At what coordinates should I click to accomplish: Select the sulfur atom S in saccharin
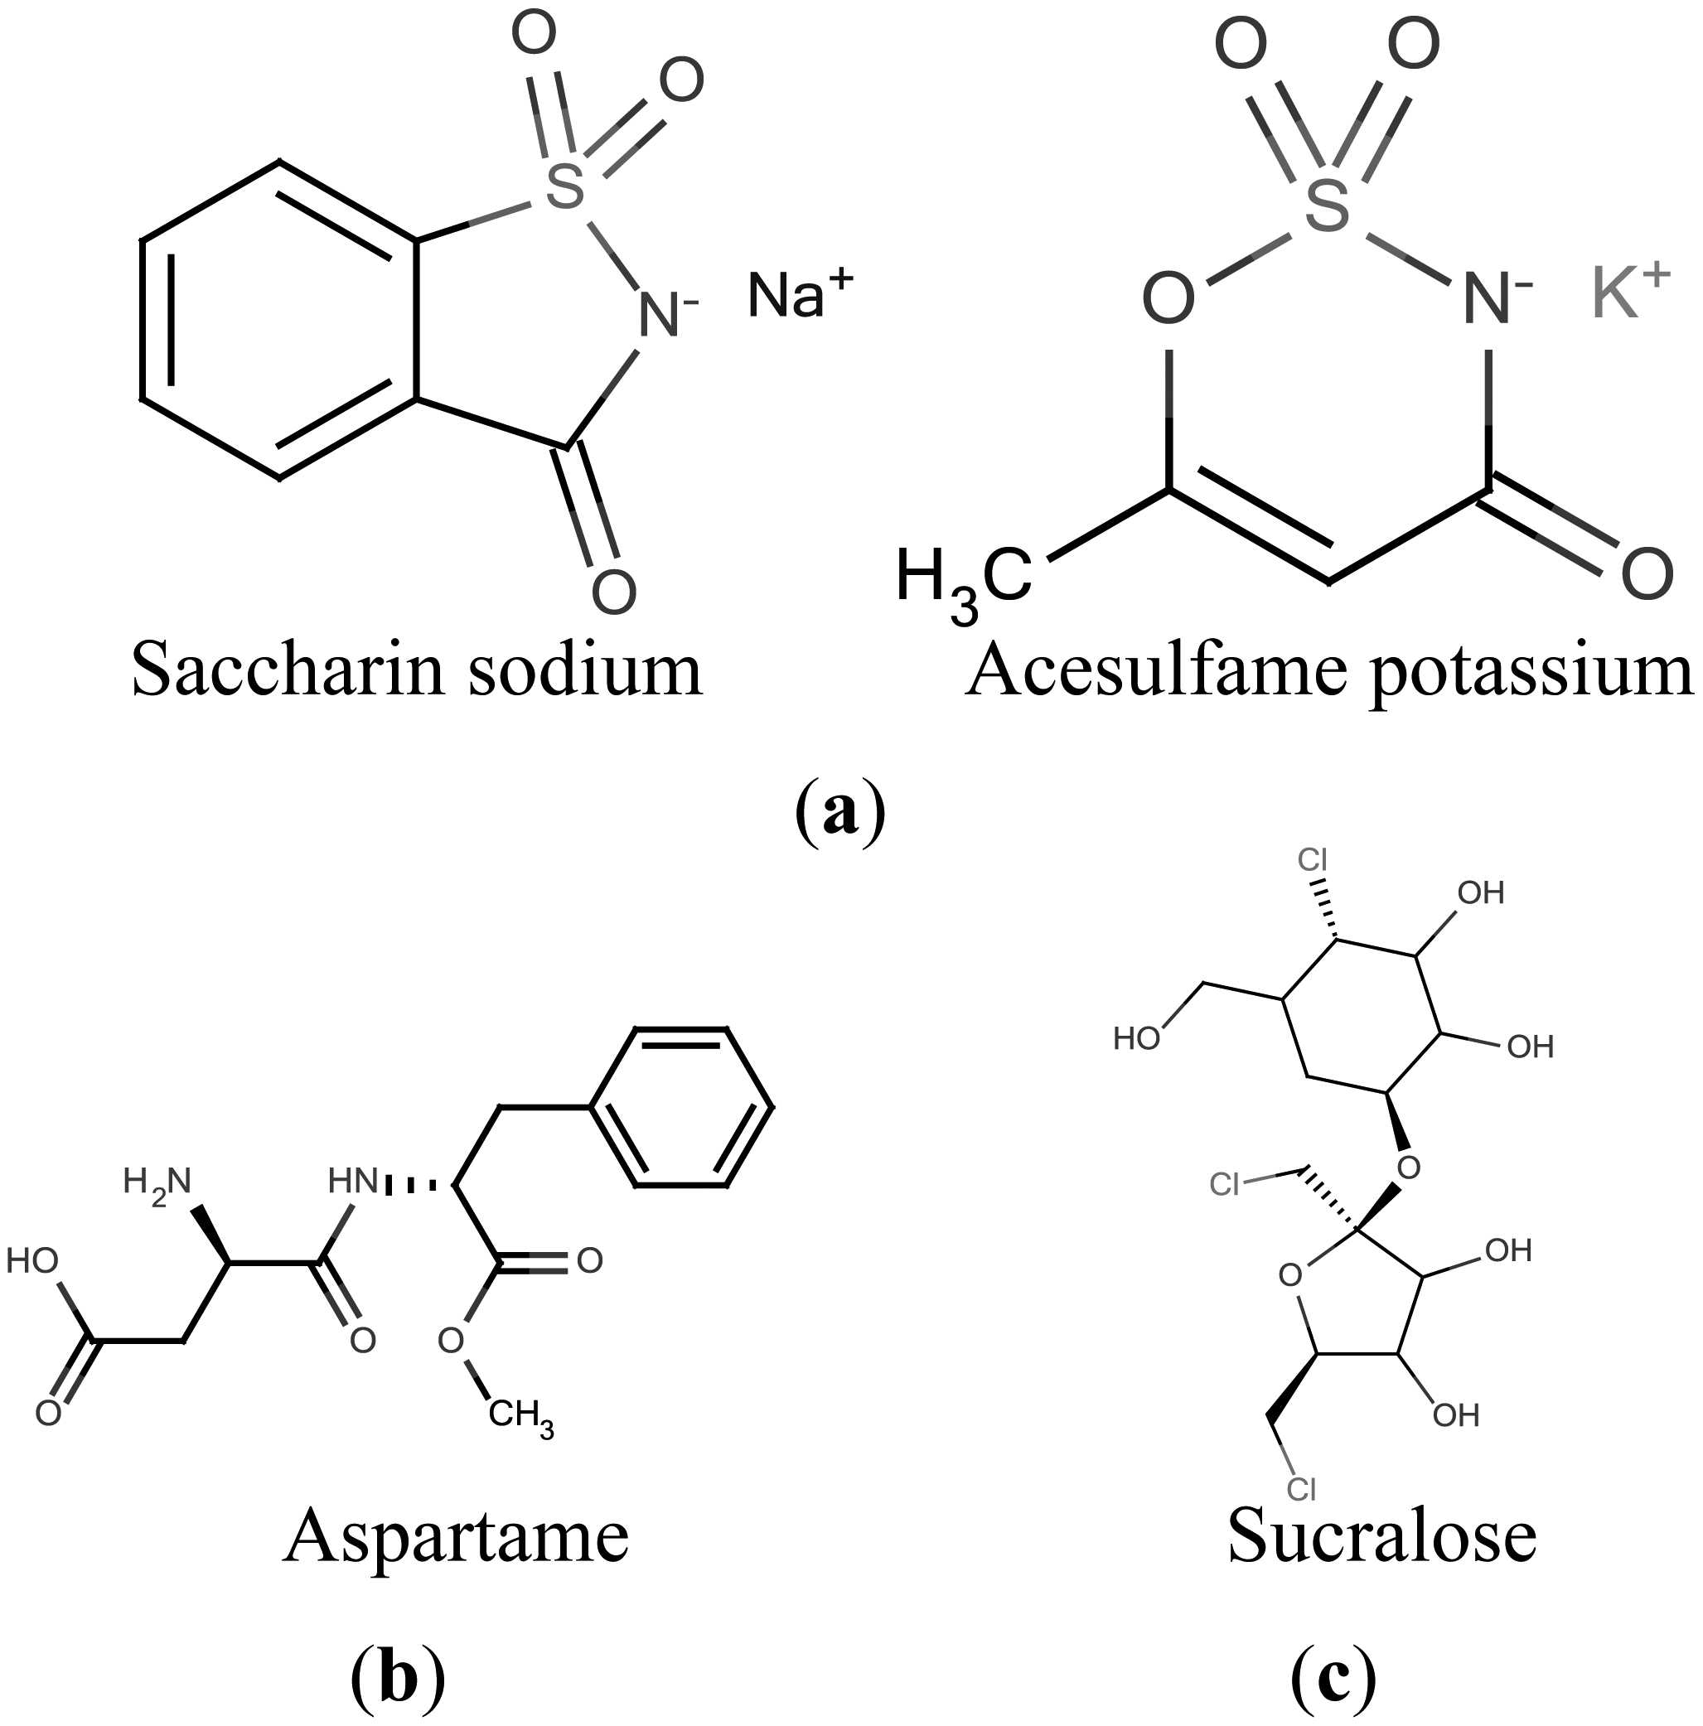click(x=564, y=185)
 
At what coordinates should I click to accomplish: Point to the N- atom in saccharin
click(x=663, y=315)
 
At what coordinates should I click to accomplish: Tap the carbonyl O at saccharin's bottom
click(x=614, y=591)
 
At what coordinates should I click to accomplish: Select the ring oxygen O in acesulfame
click(x=1168, y=298)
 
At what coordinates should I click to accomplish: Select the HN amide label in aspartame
click(x=353, y=1182)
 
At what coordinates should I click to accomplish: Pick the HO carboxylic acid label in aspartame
click(x=32, y=1261)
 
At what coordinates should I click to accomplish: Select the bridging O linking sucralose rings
click(x=1408, y=1168)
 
